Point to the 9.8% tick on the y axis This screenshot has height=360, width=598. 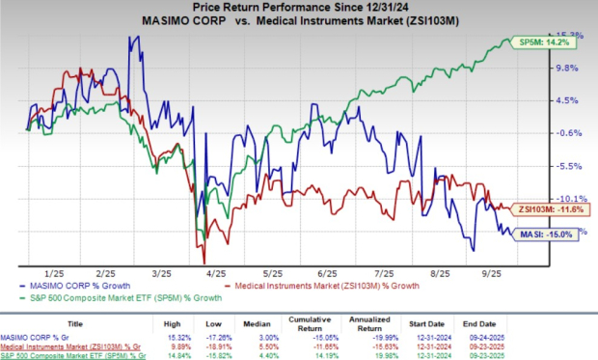click(x=564, y=68)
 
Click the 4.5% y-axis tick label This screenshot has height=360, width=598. click(x=564, y=100)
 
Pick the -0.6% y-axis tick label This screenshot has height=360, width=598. click(x=564, y=133)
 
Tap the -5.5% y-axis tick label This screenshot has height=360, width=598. click(x=564, y=166)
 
